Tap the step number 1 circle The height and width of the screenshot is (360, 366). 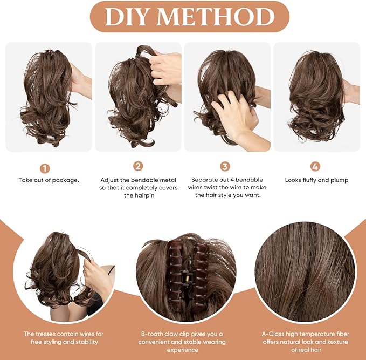[x=45, y=168]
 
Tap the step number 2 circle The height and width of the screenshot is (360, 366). [x=138, y=166]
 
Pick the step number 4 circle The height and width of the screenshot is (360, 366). [x=315, y=166]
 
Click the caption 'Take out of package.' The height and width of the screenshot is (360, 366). [x=49, y=180]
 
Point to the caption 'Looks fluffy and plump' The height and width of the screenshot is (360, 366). [x=316, y=180]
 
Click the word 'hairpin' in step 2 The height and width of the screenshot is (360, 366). [x=137, y=195]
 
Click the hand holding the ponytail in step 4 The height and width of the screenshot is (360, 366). [x=351, y=92]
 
